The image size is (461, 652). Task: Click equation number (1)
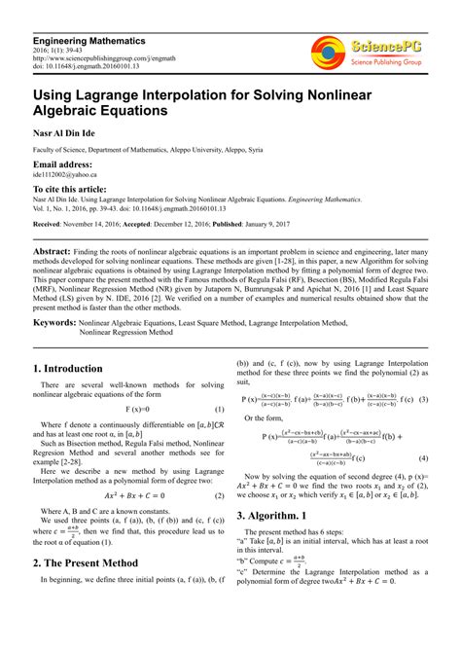pyautogui.click(x=219, y=411)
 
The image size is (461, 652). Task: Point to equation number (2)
pyautogui.click(x=219, y=495)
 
